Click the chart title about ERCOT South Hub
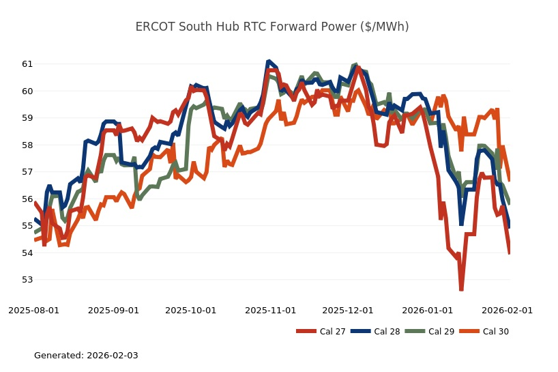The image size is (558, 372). coord(272,27)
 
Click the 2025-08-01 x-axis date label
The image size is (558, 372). coord(33,310)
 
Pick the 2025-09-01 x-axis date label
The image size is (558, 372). coord(113,310)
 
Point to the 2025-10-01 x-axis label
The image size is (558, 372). coord(191,310)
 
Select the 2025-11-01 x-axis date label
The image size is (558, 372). coord(271,310)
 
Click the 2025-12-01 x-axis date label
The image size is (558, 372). coord(348,310)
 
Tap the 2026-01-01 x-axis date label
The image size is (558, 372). coord(428,310)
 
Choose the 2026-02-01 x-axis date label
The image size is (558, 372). coord(508,310)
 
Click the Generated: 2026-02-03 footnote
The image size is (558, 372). coord(86,356)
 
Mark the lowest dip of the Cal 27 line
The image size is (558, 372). coord(461,289)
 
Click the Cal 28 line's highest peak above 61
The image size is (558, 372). coord(269,61)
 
